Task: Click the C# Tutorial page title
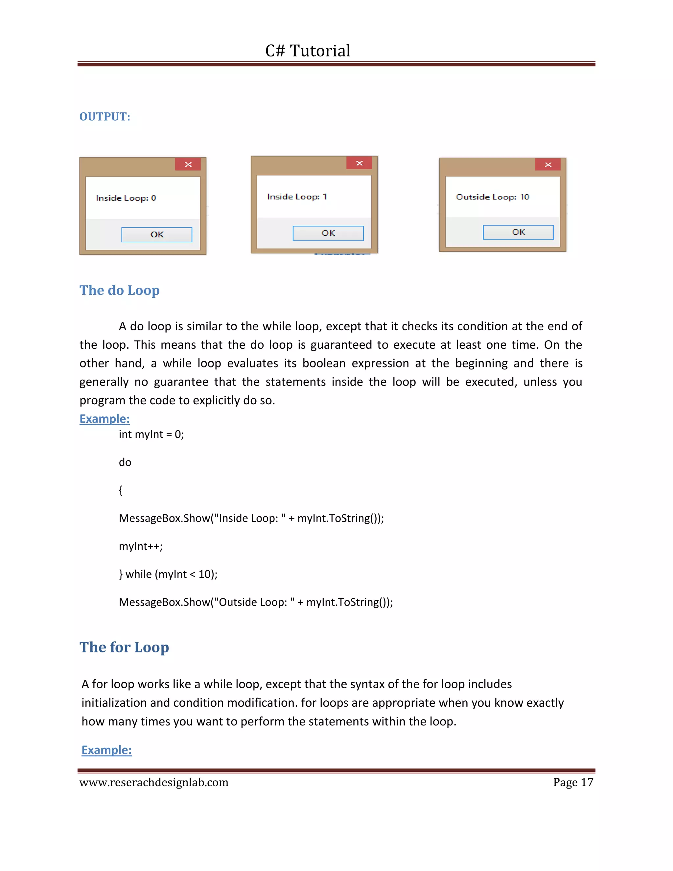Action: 308,51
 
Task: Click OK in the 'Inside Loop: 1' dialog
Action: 328,233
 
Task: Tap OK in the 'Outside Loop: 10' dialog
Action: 518,232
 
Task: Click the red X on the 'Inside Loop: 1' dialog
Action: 359,163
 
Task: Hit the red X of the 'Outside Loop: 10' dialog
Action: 548,164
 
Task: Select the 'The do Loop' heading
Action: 120,290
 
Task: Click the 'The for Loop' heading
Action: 125,647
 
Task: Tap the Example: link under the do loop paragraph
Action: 104,419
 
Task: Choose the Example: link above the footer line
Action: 106,750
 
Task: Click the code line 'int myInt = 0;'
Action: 151,434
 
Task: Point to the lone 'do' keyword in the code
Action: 125,462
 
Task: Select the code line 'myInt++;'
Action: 141,546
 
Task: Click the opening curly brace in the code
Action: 121,490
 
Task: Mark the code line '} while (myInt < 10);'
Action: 168,574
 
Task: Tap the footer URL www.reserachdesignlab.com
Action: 154,783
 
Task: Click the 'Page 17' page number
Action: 573,783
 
